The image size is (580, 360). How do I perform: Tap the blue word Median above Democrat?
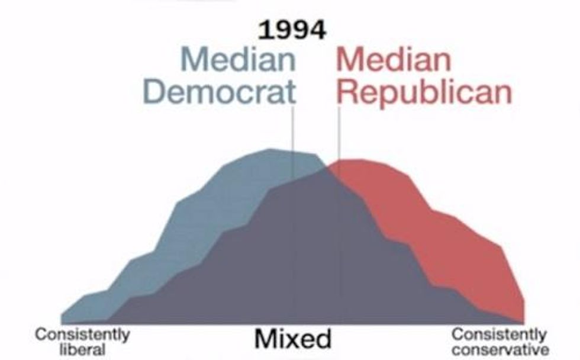click(239, 60)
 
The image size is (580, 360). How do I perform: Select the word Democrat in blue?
click(219, 92)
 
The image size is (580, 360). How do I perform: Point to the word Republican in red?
click(424, 92)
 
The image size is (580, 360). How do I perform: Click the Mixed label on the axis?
click(293, 339)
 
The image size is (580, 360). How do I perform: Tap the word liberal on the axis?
click(82, 349)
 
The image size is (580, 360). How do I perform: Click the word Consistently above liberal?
click(82, 335)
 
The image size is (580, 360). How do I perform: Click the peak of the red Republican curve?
click(355, 159)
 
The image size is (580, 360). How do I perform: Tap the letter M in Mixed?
click(264, 339)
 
